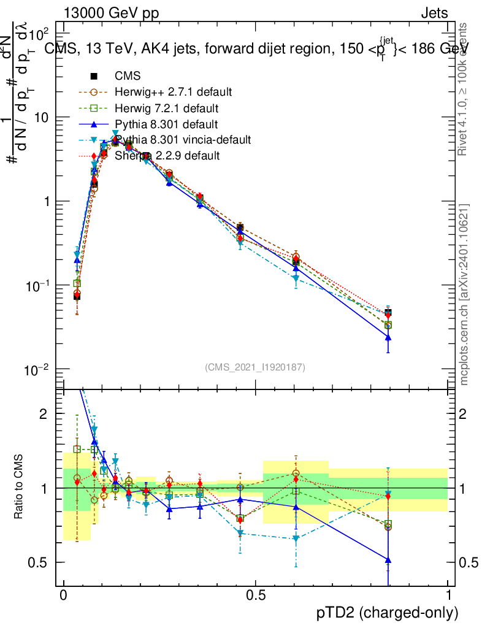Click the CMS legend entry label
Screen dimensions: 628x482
tap(128, 76)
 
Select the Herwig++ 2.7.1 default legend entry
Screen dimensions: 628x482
tap(173, 92)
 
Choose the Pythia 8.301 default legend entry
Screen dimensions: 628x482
tap(166, 124)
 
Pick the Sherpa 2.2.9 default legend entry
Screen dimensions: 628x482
tap(167, 156)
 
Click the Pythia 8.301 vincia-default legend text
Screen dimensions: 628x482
tap(183, 140)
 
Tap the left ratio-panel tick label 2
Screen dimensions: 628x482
tap(43, 414)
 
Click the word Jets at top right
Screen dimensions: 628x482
tap(434, 13)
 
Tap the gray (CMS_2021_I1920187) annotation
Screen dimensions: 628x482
tap(255, 367)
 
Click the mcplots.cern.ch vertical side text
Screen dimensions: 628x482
tap(464, 294)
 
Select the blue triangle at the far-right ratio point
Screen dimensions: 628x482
tap(388, 559)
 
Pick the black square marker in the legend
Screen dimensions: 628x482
tap(94, 76)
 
